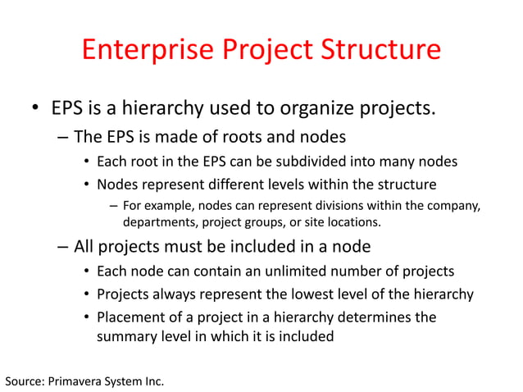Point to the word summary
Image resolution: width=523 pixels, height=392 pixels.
coord(125,336)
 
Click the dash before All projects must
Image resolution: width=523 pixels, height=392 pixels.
coord(63,247)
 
